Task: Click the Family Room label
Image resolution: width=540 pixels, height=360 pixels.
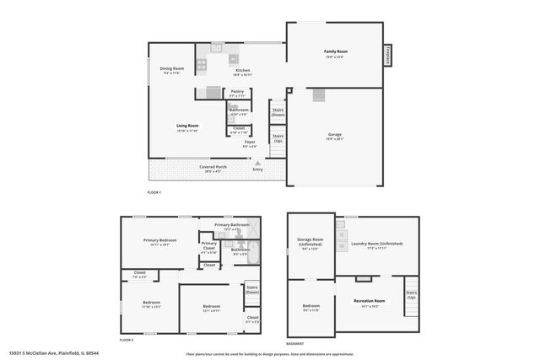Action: tap(336, 52)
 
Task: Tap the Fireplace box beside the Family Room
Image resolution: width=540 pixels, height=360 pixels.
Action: tap(389, 55)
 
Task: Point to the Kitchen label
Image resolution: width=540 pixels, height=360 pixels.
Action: tap(242, 71)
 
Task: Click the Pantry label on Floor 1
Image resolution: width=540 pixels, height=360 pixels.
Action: tap(237, 92)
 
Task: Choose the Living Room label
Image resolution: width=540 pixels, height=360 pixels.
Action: tap(186, 126)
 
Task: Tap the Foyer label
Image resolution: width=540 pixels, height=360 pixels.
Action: tap(250, 142)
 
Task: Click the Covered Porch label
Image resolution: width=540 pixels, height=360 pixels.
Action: tap(213, 167)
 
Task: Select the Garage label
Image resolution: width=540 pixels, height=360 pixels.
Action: tap(335, 135)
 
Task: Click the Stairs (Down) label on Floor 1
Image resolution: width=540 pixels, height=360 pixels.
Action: tap(278, 111)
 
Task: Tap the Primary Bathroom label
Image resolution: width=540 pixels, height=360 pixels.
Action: tap(231, 225)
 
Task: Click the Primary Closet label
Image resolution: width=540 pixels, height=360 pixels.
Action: tap(209, 246)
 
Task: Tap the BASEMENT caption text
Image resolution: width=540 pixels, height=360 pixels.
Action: tap(295, 344)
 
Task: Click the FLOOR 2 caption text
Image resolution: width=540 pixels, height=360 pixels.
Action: tap(127, 339)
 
